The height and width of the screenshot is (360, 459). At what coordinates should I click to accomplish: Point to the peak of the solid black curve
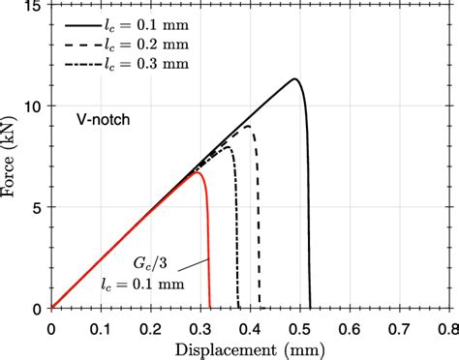coord(294,78)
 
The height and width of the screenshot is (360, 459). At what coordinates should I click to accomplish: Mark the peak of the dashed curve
coord(247,127)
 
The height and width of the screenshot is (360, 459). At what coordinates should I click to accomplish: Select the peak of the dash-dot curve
coord(227,148)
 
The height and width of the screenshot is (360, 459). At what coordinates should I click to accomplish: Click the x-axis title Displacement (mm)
coord(249,347)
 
